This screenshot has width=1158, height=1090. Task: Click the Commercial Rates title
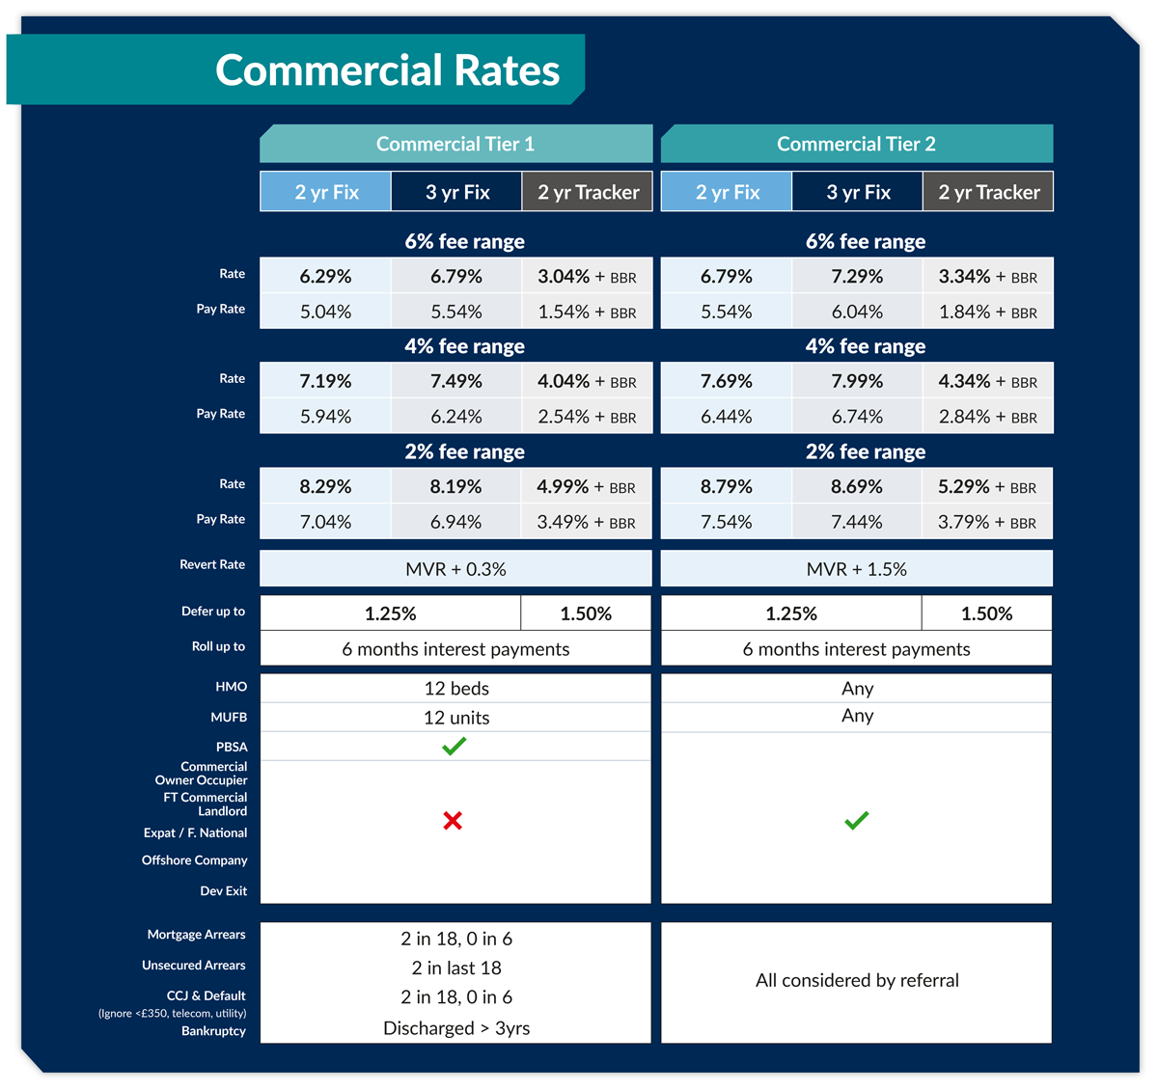coord(387,70)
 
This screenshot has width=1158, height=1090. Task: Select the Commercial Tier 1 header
coord(455,144)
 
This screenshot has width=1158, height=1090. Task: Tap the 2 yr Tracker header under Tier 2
coord(988,192)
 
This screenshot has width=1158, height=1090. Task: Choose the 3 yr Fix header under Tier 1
coord(457,192)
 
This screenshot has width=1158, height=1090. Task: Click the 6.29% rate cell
coord(325,276)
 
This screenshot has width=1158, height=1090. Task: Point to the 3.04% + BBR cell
coord(587,276)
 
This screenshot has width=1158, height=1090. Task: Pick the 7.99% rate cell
coord(857,381)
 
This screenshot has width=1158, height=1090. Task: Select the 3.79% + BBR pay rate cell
coord(986,522)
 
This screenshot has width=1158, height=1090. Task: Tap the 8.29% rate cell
coord(325,486)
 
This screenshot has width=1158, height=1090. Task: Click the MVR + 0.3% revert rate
coord(455,569)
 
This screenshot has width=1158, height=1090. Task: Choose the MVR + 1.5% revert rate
coord(856,569)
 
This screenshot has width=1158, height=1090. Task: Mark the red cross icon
coord(453,821)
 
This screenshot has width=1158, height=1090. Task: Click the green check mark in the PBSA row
coord(454,746)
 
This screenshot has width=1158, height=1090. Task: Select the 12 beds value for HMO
coord(456,689)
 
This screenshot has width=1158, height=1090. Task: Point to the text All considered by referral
coord(857,980)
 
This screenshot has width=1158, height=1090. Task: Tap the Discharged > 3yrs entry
coord(456,1028)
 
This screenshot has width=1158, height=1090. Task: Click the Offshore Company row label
coord(195,860)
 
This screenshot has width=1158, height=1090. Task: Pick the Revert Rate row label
coord(212,564)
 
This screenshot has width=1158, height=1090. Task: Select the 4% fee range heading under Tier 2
coord(866,346)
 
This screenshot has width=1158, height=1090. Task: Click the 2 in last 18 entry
coord(456,967)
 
